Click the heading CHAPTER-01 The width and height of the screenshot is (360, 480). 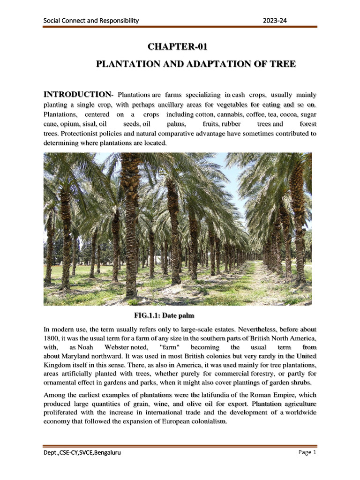[177, 47]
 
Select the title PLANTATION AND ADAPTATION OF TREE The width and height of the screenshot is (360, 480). [195, 64]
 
